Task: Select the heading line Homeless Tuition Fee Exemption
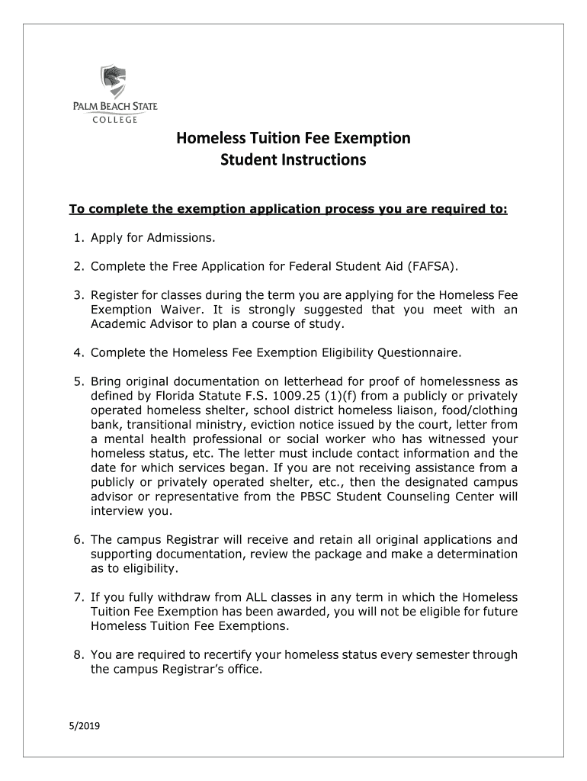293,138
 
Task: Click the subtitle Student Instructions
293,160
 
